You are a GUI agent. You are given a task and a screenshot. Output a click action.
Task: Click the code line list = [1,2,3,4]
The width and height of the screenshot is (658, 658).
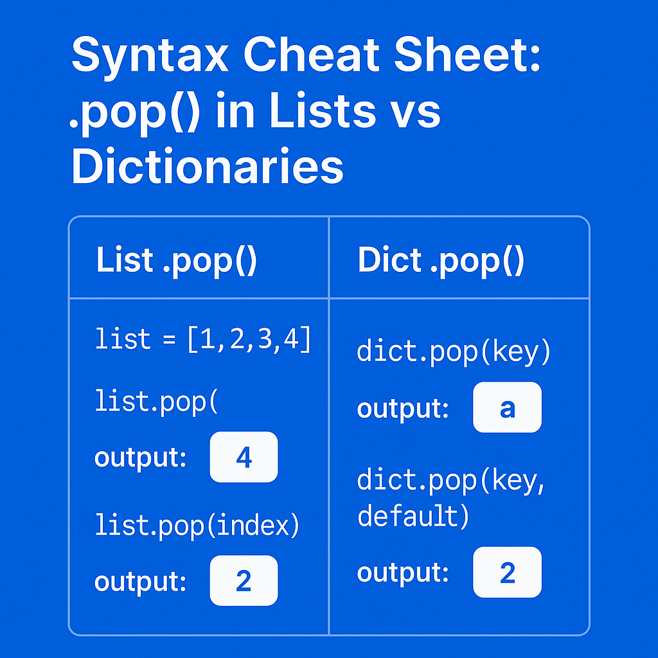(203, 339)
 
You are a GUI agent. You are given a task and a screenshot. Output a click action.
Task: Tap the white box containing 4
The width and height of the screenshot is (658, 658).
(244, 457)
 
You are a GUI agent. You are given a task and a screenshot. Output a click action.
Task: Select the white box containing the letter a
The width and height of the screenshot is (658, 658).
(507, 407)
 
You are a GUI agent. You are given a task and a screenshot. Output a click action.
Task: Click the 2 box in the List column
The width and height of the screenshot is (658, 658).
(244, 580)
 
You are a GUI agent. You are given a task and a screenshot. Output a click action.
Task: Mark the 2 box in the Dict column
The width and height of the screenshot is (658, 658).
(507, 571)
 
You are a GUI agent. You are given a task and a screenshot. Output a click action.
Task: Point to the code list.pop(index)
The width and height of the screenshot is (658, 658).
(197, 526)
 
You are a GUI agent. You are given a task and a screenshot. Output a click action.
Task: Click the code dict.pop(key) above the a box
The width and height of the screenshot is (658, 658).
(454, 353)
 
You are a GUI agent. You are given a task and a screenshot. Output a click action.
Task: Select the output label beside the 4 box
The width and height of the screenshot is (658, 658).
(141, 458)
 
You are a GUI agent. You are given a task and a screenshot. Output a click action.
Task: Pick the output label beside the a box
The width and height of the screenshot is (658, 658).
(403, 409)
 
